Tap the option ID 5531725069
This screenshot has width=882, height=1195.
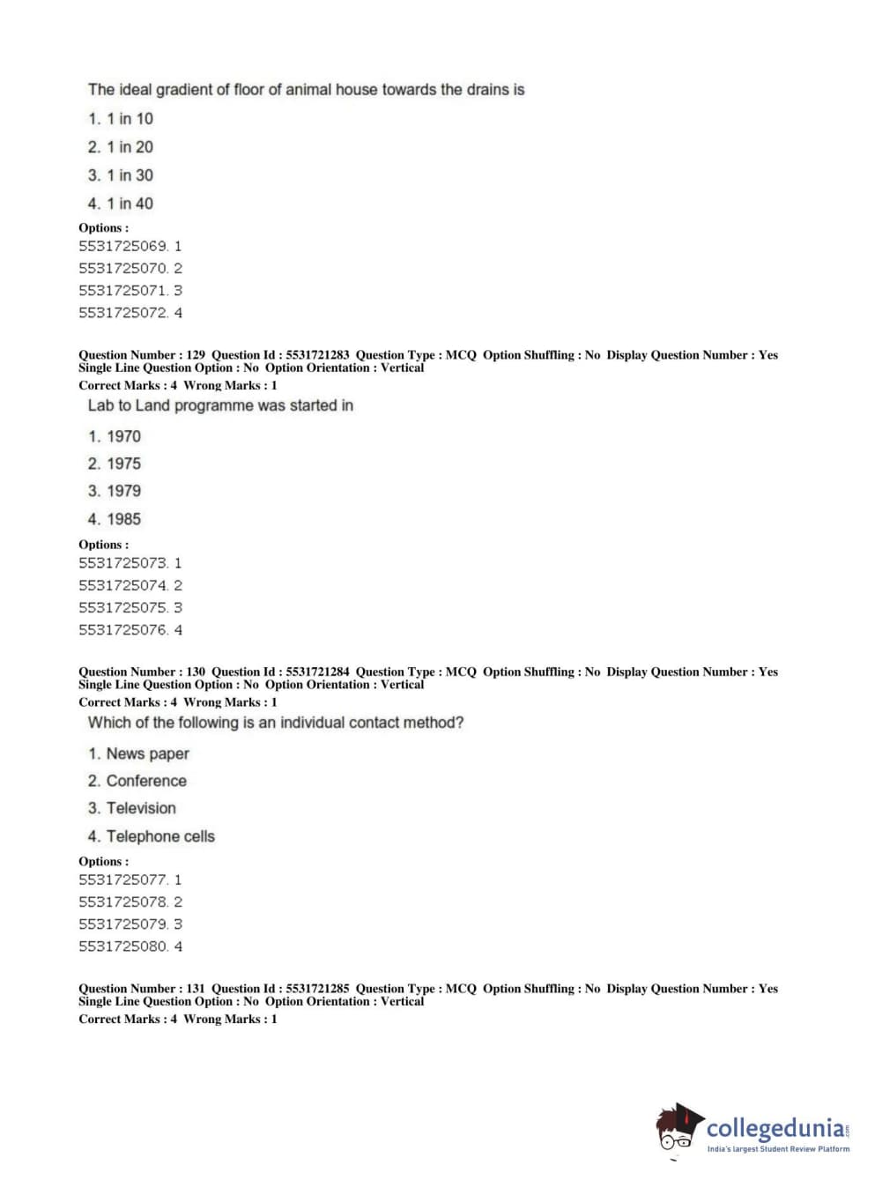pyautogui.click(x=123, y=247)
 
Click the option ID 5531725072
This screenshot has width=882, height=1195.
pyautogui.click(x=123, y=313)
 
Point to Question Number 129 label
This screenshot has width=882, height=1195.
pyautogui.click(x=142, y=355)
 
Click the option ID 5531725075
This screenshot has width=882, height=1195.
pyautogui.click(x=123, y=608)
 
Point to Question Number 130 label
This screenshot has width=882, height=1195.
pyautogui.click(x=142, y=672)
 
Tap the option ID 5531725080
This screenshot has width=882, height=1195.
pyautogui.click(x=123, y=946)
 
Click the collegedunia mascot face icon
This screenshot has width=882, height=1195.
pyautogui.click(x=677, y=1130)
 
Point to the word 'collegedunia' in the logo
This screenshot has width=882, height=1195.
pyautogui.click(x=775, y=1128)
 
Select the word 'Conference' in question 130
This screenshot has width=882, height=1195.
pyautogui.click(x=146, y=781)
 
